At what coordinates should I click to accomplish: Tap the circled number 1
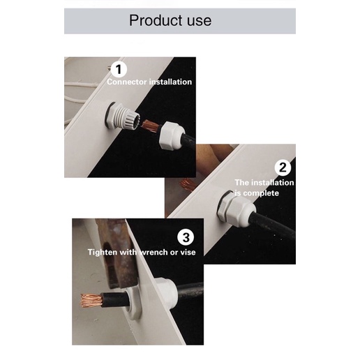pos(119,69)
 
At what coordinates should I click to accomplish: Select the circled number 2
pos(283,167)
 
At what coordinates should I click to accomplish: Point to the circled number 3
pos(186,237)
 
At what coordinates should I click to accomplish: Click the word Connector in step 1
pos(127,82)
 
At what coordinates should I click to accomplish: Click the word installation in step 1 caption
pos(170,82)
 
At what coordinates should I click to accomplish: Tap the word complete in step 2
pos(261,193)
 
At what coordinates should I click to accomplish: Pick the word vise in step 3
pos(188,253)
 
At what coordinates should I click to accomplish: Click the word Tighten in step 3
pos(103,253)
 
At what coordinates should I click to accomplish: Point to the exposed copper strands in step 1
pos(150,126)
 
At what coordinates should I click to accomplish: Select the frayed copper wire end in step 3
pos(91,300)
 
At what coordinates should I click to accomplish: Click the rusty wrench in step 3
pos(117,253)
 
